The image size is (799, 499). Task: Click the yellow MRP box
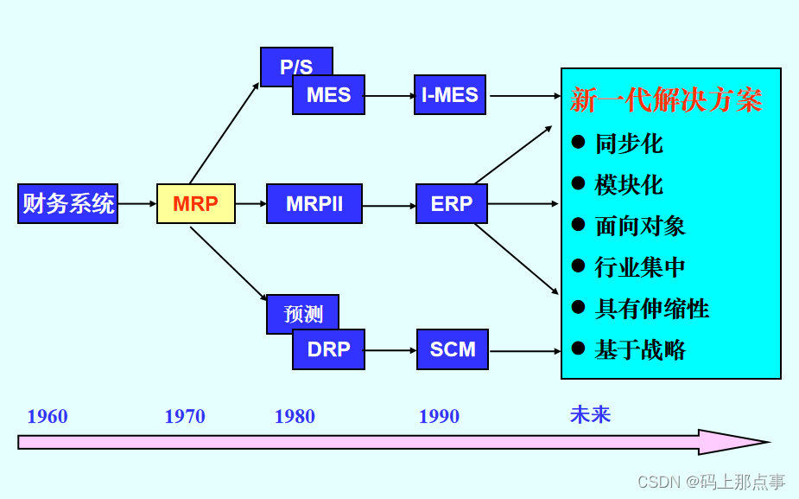195,204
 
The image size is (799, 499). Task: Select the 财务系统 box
67,204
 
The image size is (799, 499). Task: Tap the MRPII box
314,204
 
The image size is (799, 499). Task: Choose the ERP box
451,204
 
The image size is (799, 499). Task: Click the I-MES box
449,95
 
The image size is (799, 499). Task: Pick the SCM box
452,349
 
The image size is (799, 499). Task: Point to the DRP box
328,349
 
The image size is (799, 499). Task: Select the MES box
328,95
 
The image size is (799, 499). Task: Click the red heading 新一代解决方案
666,100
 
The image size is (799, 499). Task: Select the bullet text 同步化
629,144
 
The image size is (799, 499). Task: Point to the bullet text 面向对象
640,226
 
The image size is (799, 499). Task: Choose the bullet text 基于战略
640,350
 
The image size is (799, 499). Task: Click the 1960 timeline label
48,417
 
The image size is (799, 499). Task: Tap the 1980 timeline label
295,417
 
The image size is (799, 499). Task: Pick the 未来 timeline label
590,415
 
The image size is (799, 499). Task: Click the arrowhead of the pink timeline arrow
734,442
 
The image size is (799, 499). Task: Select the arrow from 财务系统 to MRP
136,204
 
